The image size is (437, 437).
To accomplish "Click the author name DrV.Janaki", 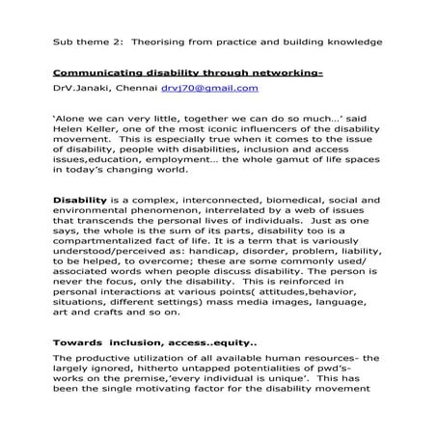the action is coord(83,88).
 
